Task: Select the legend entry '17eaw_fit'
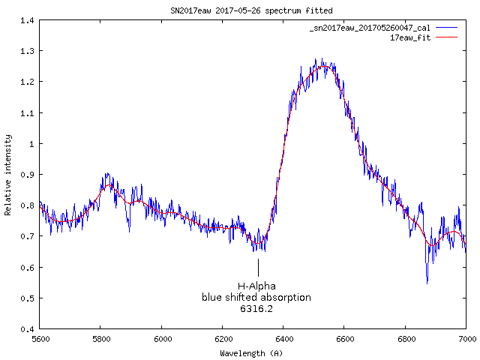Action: [x=410, y=36]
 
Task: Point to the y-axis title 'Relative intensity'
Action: [x=8, y=175]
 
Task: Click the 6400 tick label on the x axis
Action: [x=283, y=340]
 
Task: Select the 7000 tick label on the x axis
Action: [x=466, y=340]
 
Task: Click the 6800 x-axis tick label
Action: [x=405, y=340]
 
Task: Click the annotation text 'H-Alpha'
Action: [x=256, y=286]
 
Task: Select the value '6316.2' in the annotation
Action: [x=256, y=308]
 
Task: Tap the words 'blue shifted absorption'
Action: [x=256, y=298]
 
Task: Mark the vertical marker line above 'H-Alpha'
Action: [x=258, y=268]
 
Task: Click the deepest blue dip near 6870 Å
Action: [x=427, y=282]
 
